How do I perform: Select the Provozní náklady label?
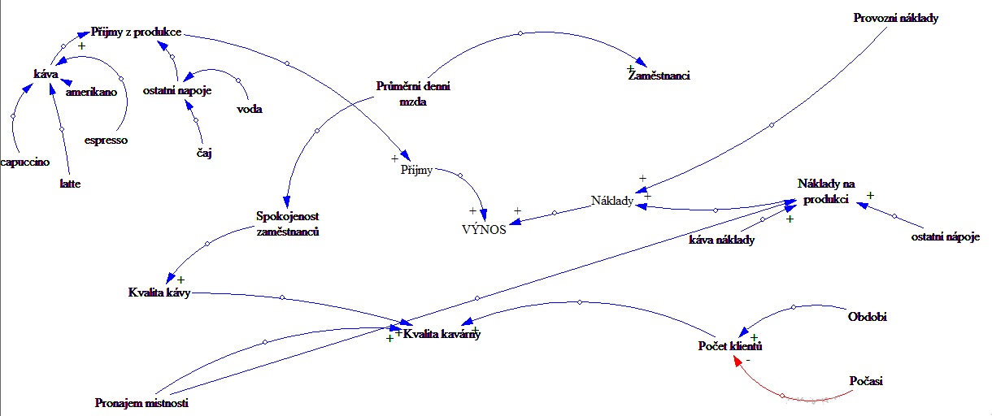[x=895, y=17]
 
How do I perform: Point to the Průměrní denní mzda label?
[x=414, y=93]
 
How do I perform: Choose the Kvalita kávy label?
[x=159, y=292]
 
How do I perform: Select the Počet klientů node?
[x=729, y=347]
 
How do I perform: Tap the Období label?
[x=867, y=316]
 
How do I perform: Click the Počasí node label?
[x=865, y=380]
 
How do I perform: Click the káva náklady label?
[x=721, y=240]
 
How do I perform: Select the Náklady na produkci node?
[x=825, y=193]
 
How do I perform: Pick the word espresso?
[x=106, y=140]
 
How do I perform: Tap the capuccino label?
[x=25, y=162]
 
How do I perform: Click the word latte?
[x=70, y=184]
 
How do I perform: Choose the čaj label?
[x=204, y=153]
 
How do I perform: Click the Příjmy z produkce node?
[x=135, y=32]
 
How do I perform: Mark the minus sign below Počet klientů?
[x=748, y=358]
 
